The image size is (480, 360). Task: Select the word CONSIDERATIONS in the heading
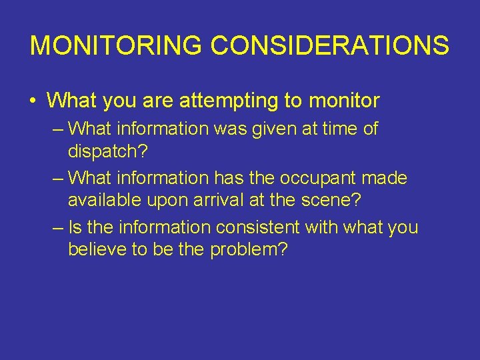pos(330,45)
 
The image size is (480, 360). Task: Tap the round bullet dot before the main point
pos(33,101)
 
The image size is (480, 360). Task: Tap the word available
pos(101,201)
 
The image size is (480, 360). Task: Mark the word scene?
pos(335,201)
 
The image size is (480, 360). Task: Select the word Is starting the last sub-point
pos(75,228)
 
